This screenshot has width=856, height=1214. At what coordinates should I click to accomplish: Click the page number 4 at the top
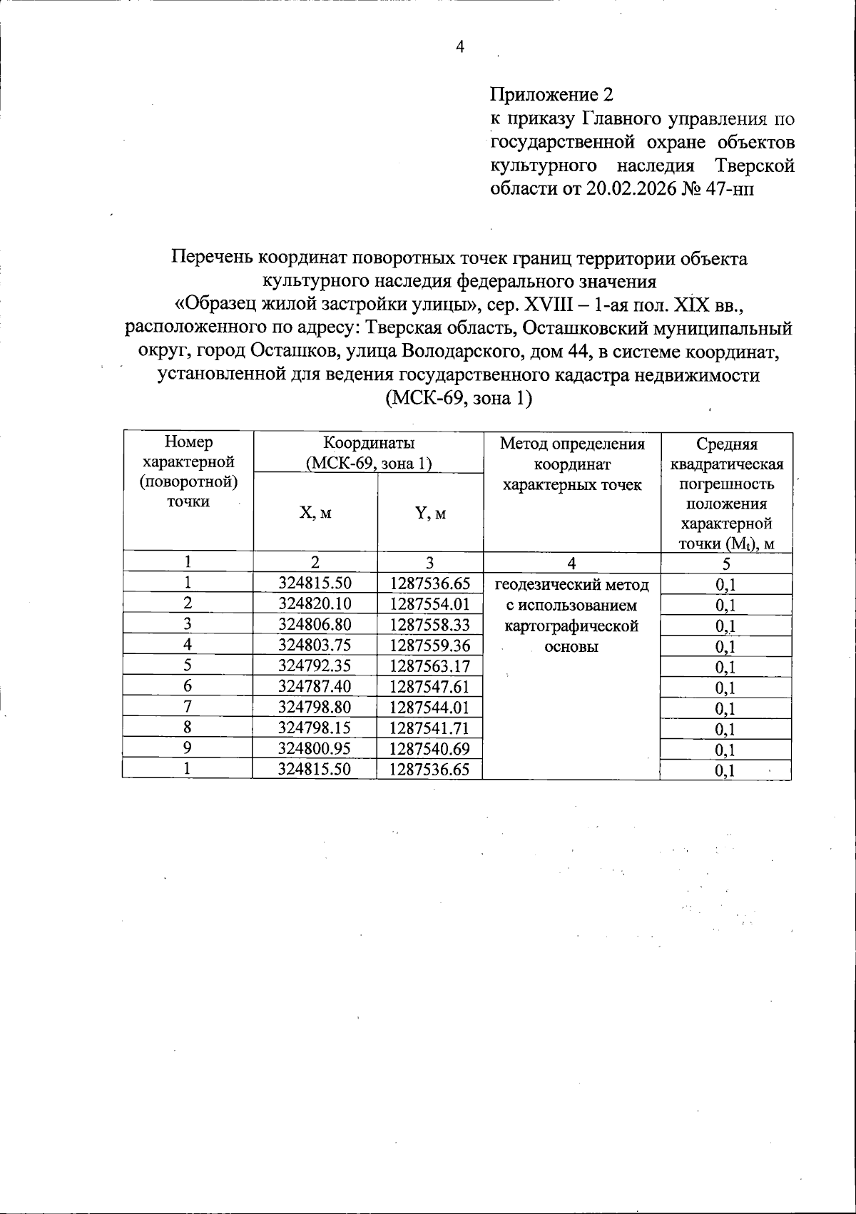459,47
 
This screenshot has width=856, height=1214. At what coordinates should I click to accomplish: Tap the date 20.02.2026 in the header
631,189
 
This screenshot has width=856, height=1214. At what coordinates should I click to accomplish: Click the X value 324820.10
315,603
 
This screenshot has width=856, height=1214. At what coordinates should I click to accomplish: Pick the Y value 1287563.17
430,665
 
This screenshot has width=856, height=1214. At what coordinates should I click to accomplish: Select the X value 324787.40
315,686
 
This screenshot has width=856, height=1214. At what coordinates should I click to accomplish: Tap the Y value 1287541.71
430,728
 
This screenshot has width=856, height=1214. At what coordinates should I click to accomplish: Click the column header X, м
315,513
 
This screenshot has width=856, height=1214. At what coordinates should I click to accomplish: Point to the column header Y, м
430,513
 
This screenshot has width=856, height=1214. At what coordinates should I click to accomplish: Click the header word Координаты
368,443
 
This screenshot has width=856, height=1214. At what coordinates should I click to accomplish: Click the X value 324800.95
315,748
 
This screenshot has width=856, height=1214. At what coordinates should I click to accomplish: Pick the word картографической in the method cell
571,626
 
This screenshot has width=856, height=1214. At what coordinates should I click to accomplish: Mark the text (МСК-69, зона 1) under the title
459,398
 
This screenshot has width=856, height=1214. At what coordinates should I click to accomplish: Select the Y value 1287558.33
430,624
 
